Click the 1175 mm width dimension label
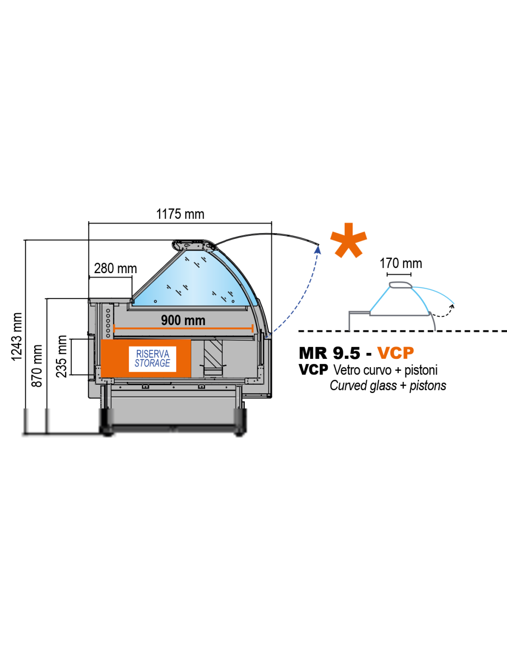coord(180,214)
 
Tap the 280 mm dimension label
coord(116,268)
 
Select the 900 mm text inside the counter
coord(183,320)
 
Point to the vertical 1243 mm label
coord(17,337)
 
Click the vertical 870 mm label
coord(37,366)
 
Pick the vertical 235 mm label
coord(61,356)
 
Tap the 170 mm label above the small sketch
coord(401,263)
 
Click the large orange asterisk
coord(348,240)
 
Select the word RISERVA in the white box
coord(153,354)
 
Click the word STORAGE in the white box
coord(152,363)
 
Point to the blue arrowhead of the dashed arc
coord(318,250)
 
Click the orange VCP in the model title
coord(395,353)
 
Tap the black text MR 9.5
coord(330,353)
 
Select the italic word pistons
coord(428,386)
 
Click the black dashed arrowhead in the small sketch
coord(452,307)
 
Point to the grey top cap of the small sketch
coord(401,285)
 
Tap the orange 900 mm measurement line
coord(183,328)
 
